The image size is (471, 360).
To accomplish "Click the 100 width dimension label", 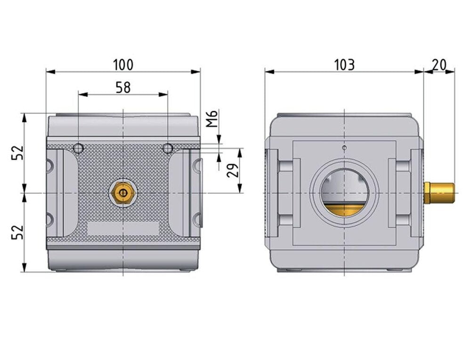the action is (123, 65).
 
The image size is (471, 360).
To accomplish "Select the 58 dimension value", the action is (123, 88).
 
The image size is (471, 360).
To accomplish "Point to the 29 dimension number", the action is (233, 170).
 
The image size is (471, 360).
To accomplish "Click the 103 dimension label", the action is (344, 65).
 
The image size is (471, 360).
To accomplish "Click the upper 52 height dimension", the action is (17, 153).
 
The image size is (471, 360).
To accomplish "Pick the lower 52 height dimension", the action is (17, 232).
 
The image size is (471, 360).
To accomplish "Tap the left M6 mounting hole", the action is (78, 148).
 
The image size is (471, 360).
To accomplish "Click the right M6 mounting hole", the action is (168, 148).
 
